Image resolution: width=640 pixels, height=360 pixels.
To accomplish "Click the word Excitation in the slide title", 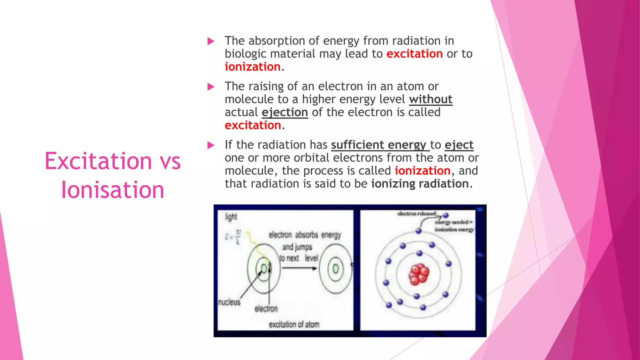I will [98, 161].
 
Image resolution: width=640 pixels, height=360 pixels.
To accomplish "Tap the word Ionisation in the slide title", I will [112, 190].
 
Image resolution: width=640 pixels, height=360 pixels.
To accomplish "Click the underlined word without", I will [430, 99].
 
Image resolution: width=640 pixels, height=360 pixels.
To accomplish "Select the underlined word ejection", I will [285, 112].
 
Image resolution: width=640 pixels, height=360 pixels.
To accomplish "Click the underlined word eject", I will [459, 145].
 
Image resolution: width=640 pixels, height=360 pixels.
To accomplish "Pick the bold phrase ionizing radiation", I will [420, 184].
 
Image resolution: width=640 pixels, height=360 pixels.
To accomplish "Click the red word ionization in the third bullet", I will [422, 171].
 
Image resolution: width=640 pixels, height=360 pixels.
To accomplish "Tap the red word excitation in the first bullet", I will [414, 54].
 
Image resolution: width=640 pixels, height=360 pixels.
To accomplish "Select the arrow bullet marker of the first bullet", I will [211, 41].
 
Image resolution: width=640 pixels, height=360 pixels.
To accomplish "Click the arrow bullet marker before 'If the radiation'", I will [211, 145].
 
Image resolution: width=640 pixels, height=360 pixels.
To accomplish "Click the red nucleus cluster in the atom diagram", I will [419, 274].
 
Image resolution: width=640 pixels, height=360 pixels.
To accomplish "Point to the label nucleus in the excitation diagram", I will [229, 302].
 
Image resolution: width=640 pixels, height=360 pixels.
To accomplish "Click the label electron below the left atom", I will [266, 309].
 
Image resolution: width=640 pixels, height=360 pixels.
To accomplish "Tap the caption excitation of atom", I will [294, 325].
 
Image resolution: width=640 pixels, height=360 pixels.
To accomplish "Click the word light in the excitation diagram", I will [231, 217].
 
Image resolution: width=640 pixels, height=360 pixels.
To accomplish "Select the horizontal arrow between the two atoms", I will [299, 268].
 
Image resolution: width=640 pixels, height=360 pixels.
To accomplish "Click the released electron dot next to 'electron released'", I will [446, 215].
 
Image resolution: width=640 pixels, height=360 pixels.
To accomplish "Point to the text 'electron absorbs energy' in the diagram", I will [305, 235].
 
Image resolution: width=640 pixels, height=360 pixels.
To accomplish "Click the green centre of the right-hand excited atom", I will [336, 269].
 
